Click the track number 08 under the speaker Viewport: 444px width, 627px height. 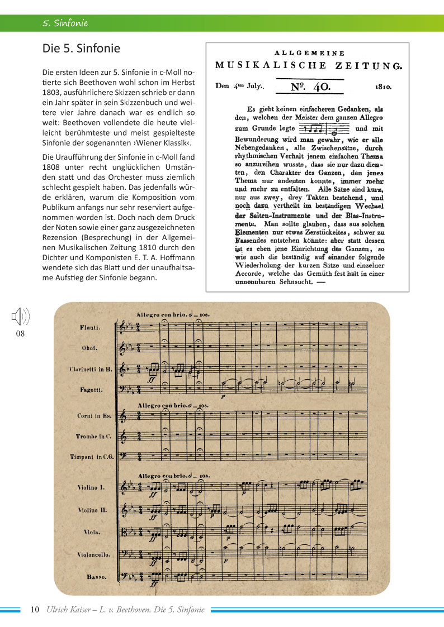coord(20,334)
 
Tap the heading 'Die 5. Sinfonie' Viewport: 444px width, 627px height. coord(81,49)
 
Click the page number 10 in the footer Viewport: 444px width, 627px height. coord(35,609)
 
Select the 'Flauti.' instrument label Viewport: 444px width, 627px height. coord(89,327)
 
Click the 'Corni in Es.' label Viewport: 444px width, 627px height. coord(89,416)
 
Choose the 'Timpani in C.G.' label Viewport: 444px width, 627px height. coord(92,457)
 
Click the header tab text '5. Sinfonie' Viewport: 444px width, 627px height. coord(65,23)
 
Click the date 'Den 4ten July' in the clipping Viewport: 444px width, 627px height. coord(239,87)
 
